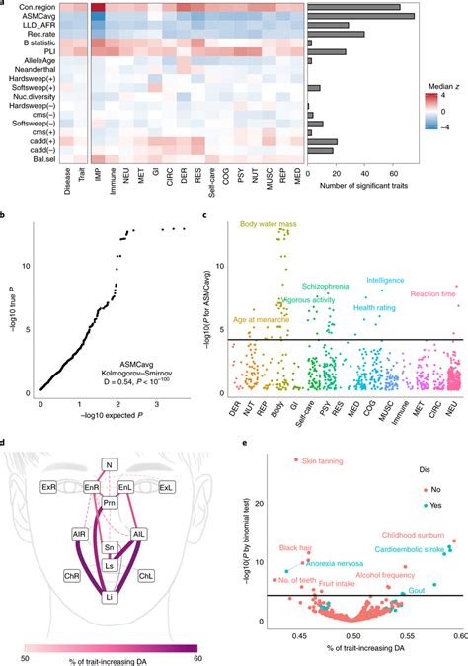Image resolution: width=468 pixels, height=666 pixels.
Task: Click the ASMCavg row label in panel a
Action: point(35,17)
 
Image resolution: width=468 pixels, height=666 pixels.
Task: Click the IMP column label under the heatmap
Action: point(97,180)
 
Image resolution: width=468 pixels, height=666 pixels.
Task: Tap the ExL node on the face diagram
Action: point(165,487)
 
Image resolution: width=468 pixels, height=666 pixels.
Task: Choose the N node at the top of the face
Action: point(111,463)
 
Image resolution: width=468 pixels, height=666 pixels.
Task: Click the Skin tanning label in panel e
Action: point(322,460)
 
